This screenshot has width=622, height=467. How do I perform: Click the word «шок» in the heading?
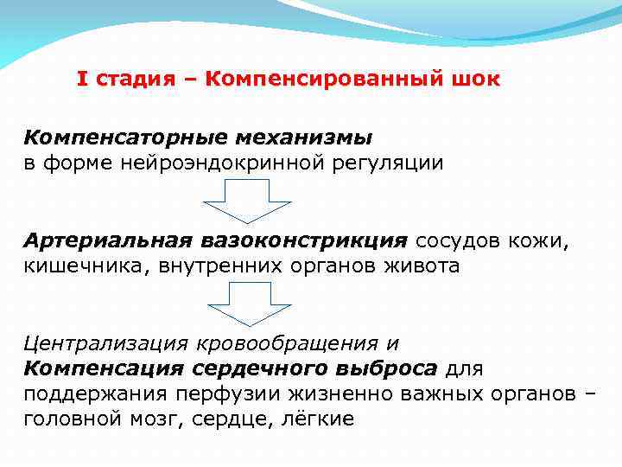click(473, 80)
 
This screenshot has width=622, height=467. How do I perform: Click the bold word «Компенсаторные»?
click(121, 138)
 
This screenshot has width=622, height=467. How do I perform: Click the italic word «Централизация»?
click(108, 343)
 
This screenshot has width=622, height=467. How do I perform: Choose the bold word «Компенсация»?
click(103, 368)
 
